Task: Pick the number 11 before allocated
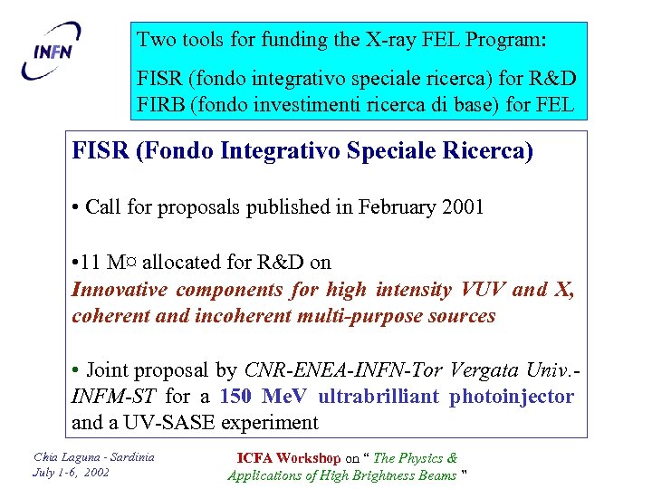91,263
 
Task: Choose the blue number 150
237,396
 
